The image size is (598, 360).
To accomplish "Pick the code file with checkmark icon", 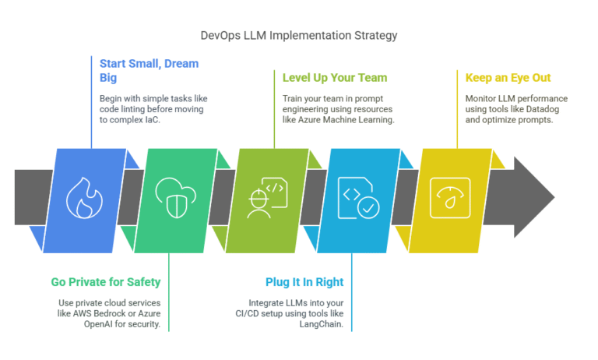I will coord(357,198).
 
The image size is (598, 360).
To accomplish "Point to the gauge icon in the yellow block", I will coord(448,197).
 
